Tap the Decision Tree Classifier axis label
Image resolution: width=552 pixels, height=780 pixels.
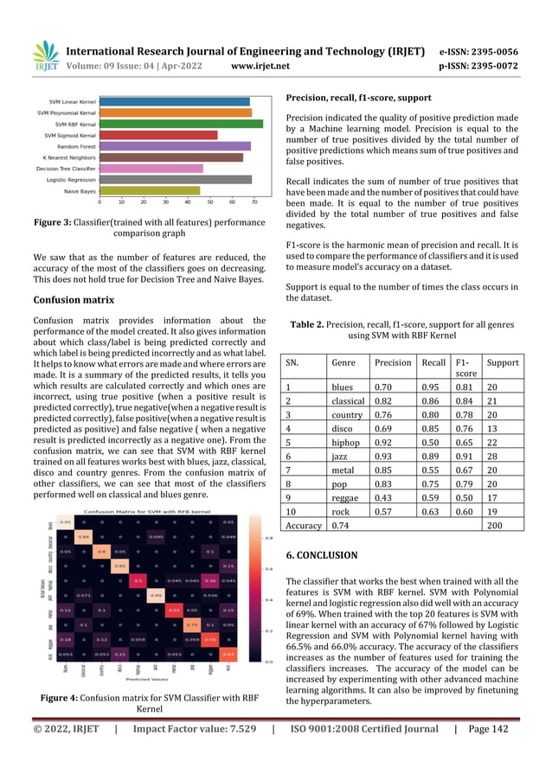pyautogui.click(x=65, y=168)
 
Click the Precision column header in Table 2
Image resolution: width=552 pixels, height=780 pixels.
pyautogui.click(x=392, y=362)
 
